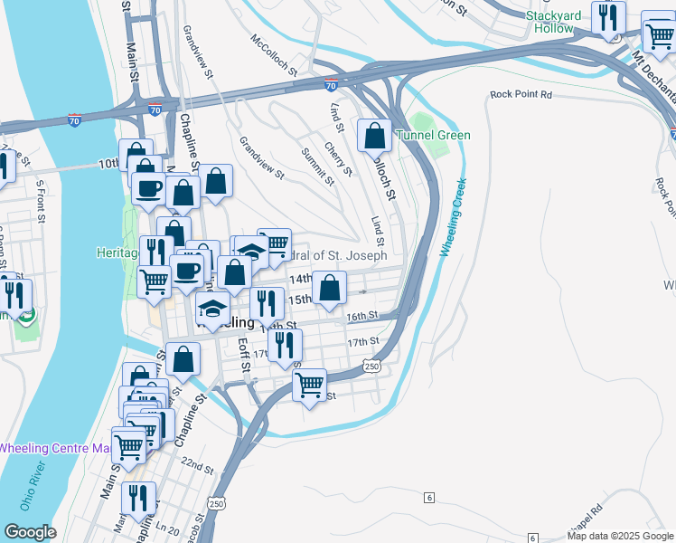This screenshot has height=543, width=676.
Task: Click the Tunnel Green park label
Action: (x=443, y=136)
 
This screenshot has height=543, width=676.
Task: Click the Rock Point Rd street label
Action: (x=520, y=94)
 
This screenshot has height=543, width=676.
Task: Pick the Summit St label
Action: (x=317, y=167)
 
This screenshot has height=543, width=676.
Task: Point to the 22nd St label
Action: (x=197, y=469)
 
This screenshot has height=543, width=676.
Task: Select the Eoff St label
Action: (x=243, y=355)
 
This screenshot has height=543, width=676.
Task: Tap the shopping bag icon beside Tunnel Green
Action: (x=374, y=136)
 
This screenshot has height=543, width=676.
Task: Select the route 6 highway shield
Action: (x=428, y=497)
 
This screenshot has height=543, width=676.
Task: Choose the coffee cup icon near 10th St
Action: (x=148, y=189)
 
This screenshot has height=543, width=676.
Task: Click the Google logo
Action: (x=31, y=532)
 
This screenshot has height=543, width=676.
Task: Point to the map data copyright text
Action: (x=619, y=536)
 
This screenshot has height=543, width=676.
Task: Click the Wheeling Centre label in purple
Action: (x=54, y=448)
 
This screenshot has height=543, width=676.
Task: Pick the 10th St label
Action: (x=109, y=164)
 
